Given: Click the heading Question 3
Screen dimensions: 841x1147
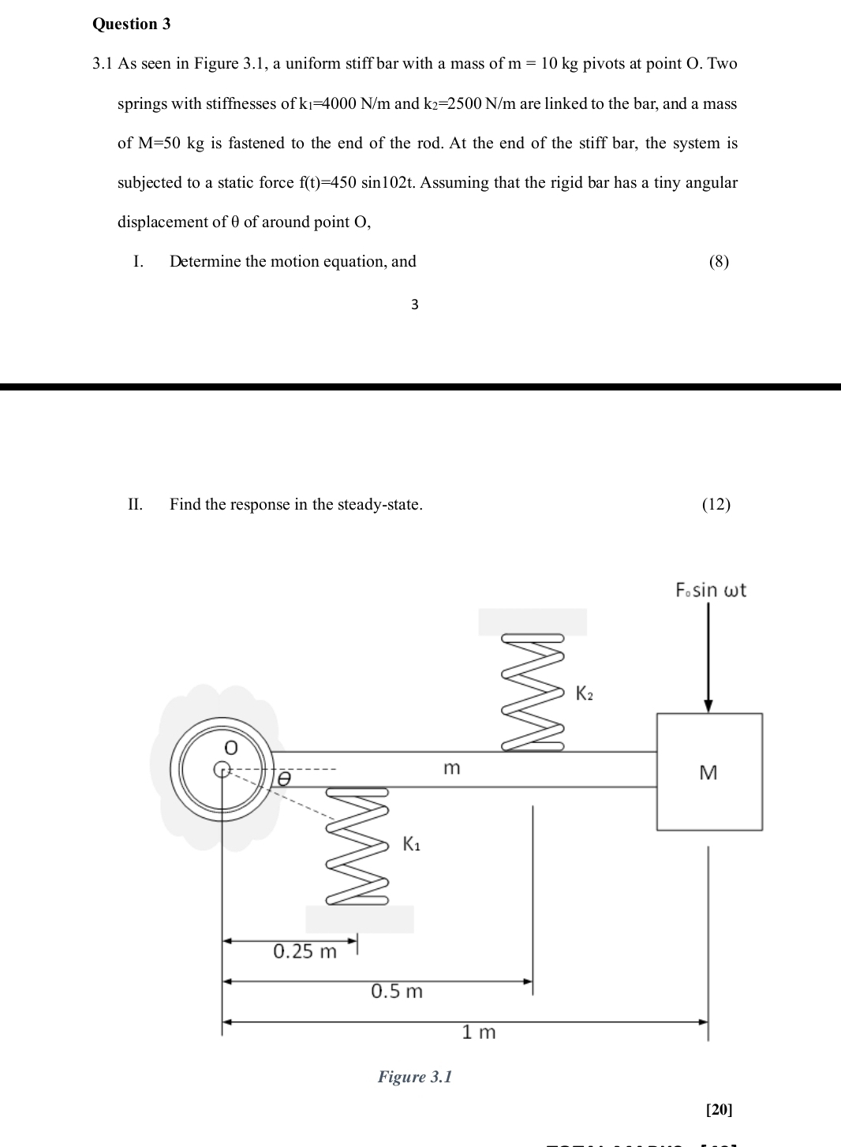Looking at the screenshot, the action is pos(131,24).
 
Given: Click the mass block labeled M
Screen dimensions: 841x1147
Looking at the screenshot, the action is pos(708,772).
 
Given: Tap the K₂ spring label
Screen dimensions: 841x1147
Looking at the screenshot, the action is pos(585,693).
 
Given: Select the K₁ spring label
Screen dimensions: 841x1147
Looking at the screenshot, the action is pos(411,843).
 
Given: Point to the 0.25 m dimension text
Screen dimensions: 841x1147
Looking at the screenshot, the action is pos(305,951).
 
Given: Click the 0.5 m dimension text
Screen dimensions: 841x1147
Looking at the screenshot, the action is pos(397,991).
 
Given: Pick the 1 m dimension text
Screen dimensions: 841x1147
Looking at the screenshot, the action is pos(479,1032).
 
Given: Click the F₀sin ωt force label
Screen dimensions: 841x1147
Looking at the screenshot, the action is pos(710,590).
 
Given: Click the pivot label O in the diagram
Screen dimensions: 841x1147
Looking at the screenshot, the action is pos(230,746).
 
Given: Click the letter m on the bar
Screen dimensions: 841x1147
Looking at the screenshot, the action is pos(450,768).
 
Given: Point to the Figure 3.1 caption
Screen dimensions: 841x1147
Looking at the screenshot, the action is pos(415,1077).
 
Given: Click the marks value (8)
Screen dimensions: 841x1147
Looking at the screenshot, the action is pos(719,261).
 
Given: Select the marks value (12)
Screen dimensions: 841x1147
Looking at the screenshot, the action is pos(716,504).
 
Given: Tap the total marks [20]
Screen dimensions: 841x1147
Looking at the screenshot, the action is pos(719,1109).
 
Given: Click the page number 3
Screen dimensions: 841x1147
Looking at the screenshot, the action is pos(415,304).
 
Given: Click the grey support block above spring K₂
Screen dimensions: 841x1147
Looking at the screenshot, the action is pos(533,622).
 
